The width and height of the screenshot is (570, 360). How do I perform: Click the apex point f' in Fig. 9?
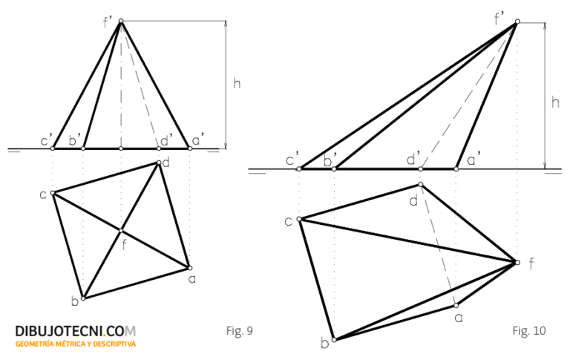click(x=121, y=21)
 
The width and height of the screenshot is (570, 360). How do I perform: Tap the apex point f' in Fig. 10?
click(x=517, y=22)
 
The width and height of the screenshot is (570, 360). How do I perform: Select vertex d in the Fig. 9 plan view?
click(x=159, y=163)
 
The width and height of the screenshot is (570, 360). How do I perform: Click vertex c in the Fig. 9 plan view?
click(x=53, y=193)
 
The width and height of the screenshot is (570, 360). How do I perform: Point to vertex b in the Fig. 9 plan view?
click(x=83, y=298)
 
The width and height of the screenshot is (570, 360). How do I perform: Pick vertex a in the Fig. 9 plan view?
click(x=189, y=268)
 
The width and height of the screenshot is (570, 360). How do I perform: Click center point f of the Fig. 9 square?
click(x=121, y=231)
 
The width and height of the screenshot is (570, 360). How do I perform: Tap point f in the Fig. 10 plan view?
click(x=517, y=262)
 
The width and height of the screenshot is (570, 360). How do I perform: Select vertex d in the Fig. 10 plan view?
click(x=421, y=185)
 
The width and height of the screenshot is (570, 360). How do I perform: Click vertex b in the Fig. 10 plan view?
click(x=335, y=340)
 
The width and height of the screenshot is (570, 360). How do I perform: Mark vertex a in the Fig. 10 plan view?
click(x=456, y=306)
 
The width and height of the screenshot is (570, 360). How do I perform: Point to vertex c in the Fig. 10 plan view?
click(x=299, y=219)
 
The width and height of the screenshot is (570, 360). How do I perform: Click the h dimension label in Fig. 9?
click(x=237, y=84)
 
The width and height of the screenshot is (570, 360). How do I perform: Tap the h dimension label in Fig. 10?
click(x=555, y=102)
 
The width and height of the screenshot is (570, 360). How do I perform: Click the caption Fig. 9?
click(x=239, y=330)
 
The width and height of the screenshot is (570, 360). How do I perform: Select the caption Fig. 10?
click(x=529, y=330)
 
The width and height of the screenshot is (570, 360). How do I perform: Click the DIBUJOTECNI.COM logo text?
click(x=76, y=331)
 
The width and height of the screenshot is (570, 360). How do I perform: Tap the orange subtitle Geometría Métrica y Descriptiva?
click(x=76, y=344)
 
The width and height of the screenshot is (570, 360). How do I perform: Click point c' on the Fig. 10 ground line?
click(x=299, y=169)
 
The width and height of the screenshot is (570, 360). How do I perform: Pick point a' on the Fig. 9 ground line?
click(x=189, y=148)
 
